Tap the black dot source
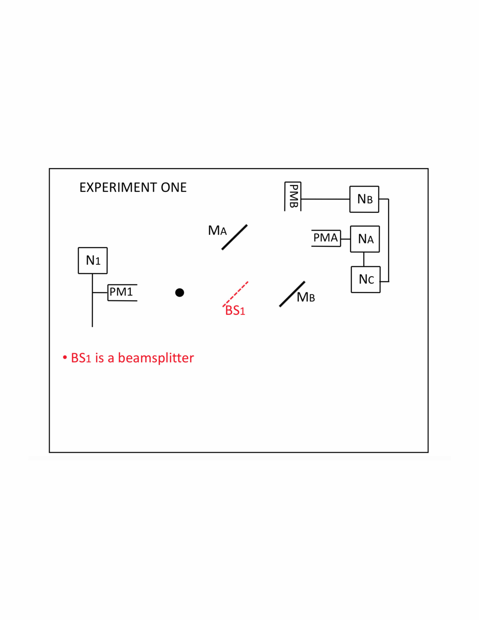[x=180, y=292]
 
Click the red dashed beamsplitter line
[x=235, y=294]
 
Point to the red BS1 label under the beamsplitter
[x=235, y=311]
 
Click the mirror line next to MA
[x=234, y=237]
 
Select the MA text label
[x=217, y=231]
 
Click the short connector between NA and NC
[x=364, y=259]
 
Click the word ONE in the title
[x=174, y=187]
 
